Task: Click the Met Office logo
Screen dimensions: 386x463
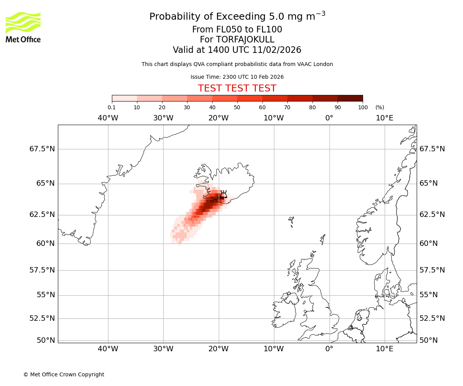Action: (x=23, y=27)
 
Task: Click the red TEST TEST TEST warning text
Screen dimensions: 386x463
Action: (x=237, y=88)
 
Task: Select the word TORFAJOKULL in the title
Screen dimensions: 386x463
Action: (x=237, y=40)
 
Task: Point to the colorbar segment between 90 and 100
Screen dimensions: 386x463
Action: (x=350, y=98)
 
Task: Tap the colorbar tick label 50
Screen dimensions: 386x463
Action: (x=237, y=107)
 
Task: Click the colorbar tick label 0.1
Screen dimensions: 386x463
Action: (x=112, y=107)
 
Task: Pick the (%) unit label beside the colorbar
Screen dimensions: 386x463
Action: (x=380, y=107)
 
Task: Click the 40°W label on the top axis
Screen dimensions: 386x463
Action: (x=108, y=118)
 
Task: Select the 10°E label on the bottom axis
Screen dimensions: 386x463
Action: (x=384, y=349)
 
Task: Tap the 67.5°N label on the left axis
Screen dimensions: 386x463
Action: (x=42, y=149)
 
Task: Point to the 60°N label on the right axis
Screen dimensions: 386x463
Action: (x=429, y=244)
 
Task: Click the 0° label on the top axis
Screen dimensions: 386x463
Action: (x=329, y=118)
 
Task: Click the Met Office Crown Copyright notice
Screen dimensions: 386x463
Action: (x=64, y=374)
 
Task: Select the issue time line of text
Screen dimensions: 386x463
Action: (x=237, y=77)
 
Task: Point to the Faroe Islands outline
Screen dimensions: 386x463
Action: (x=291, y=221)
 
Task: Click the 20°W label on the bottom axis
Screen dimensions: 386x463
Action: (x=218, y=349)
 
